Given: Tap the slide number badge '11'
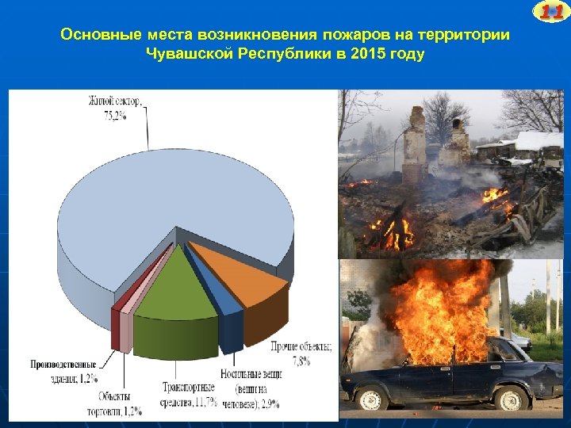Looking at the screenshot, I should click(x=551, y=11).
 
